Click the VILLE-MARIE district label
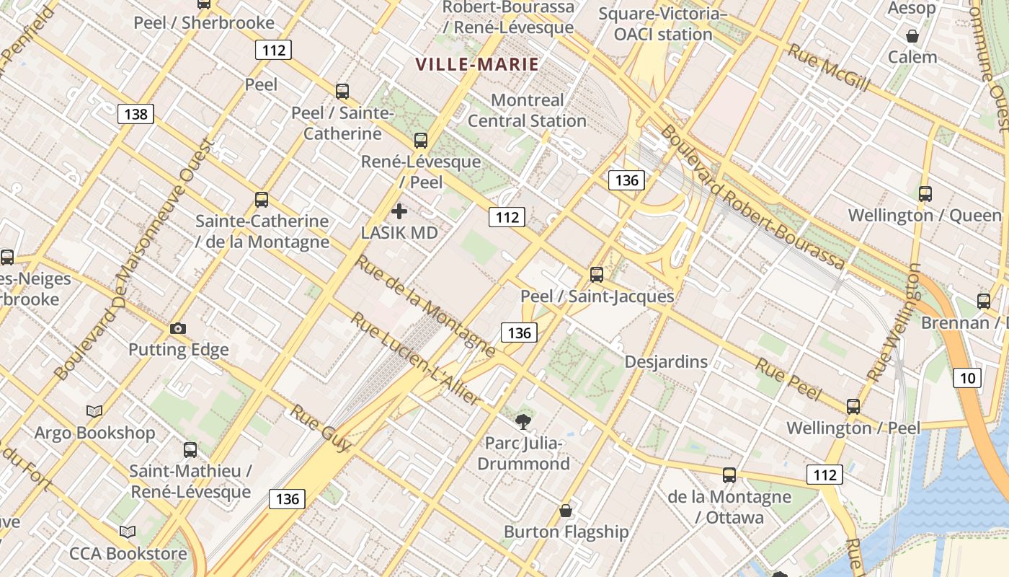coord(477,64)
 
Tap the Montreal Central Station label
coord(527,110)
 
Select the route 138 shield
coord(135,114)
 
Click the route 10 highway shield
coord(967,377)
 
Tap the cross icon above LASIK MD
coord(399,211)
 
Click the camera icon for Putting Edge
coord(178,328)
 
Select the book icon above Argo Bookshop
coord(94,411)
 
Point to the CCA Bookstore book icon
coord(128,532)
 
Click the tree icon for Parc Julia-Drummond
coord(523,421)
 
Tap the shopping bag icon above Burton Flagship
coord(566,511)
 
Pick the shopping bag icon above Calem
coord(912,35)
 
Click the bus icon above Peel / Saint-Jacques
coord(596,274)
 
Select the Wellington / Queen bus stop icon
coord(925,193)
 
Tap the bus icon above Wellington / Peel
coord(853,406)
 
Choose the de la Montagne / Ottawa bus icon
coord(729,475)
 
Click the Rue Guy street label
coord(320,428)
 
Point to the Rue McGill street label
coord(827,68)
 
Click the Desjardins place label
coord(666,361)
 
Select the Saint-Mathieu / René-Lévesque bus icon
coord(190,449)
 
